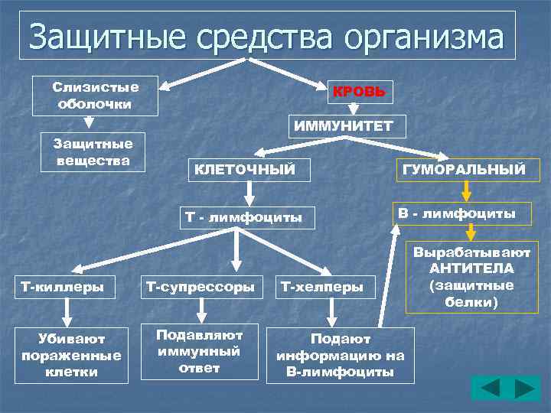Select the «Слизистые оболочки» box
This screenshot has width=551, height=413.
coord(96,95)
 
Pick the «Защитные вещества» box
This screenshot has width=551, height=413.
coord(93,151)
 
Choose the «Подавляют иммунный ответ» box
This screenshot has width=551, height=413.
coord(199,351)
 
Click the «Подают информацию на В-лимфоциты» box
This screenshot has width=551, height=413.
coord(340,355)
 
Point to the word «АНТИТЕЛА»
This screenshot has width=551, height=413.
coord(471,268)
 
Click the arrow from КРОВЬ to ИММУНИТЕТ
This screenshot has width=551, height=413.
coord(354,109)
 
